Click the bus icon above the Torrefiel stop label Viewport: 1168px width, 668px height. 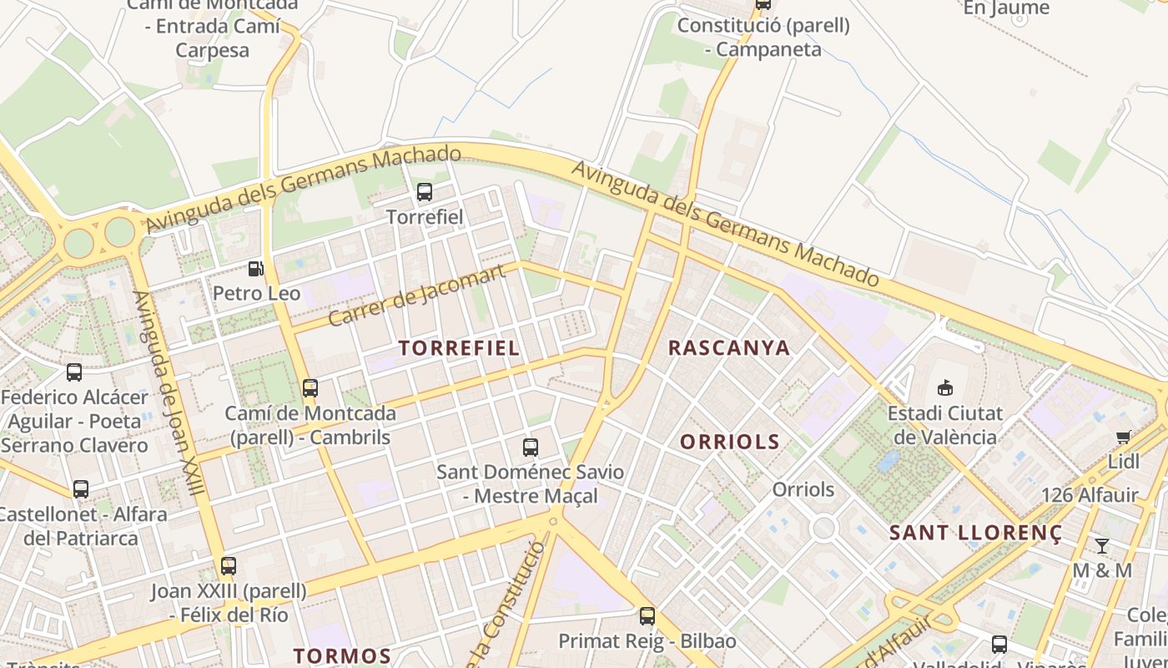[x=425, y=192]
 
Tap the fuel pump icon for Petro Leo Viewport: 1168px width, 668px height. [x=256, y=269]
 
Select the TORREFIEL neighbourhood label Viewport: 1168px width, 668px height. [x=459, y=348]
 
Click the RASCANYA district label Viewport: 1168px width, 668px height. [x=729, y=348]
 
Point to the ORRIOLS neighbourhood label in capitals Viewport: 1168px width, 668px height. [x=730, y=442]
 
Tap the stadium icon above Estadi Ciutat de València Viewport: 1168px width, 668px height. [x=945, y=387]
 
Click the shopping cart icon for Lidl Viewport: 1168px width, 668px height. [x=1124, y=438]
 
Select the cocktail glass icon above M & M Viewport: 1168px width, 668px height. [x=1102, y=546]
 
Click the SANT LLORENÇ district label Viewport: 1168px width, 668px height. [x=975, y=533]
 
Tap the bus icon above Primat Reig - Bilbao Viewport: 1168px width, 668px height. [x=647, y=616]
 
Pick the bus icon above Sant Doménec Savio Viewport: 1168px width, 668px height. [x=531, y=447]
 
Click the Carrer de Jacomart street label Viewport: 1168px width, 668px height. [x=417, y=295]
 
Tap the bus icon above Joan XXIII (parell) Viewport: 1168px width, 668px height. [x=229, y=566]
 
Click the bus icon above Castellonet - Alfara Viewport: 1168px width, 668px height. [x=81, y=489]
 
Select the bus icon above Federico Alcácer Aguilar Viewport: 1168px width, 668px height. [x=74, y=372]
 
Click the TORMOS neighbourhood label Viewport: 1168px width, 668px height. [x=342, y=655]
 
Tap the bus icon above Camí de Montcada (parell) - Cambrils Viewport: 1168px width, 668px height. [x=310, y=388]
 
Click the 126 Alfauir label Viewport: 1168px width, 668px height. [x=1090, y=495]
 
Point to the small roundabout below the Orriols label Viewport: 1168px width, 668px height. [x=823, y=527]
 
